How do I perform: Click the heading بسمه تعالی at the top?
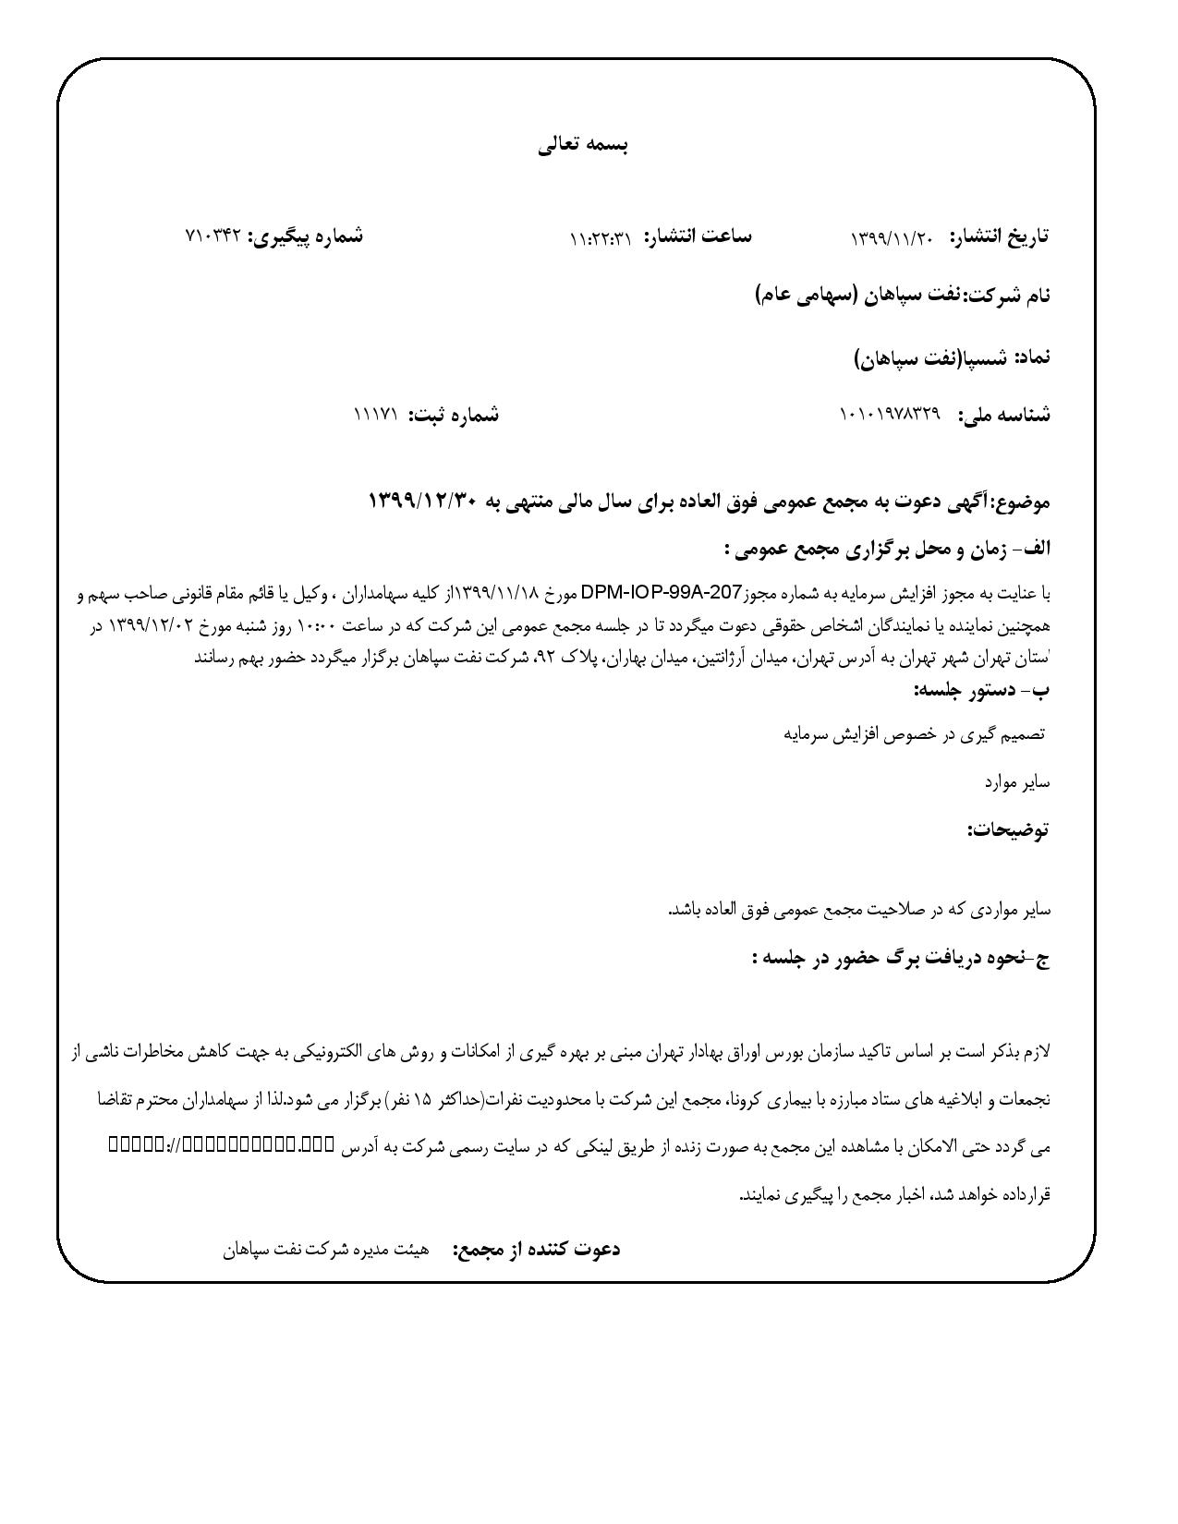coord(584,145)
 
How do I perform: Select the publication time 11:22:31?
coord(601,238)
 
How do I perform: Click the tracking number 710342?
coord(213,236)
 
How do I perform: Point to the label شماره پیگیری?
coord(306,236)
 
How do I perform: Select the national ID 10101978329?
coord(889,415)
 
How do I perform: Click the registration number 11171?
coord(375,415)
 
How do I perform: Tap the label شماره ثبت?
coord(455,415)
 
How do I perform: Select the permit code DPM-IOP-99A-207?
coord(661,592)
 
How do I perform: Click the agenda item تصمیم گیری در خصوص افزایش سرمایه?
coord(914,734)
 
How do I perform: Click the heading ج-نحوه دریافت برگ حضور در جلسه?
coord(901,959)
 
